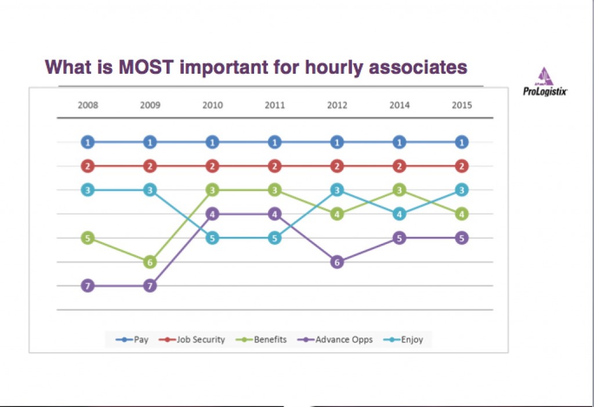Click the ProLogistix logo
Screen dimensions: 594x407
click(x=545, y=81)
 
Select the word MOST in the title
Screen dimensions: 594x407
click(x=146, y=67)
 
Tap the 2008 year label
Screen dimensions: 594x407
click(x=88, y=105)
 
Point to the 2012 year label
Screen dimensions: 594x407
click(x=337, y=105)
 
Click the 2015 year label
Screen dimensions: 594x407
click(x=462, y=105)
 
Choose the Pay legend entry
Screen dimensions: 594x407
click(x=132, y=340)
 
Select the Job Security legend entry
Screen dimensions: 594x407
click(x=192, y=340)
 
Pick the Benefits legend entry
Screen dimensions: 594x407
click(x=262, y=340)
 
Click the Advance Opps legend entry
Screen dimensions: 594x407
click(x=335, y=340)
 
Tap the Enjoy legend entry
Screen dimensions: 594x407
click(x=404, y=340)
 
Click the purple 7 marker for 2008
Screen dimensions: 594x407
click(x=88, y=286)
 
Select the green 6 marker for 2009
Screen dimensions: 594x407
click(x=150, y=262)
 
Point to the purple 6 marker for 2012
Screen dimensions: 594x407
click(x=337, y=262)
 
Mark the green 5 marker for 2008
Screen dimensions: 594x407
click(x=88, y=238)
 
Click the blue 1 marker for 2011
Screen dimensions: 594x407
click(x=274, y=142)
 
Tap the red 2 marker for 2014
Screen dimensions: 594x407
click(x=399, y=166)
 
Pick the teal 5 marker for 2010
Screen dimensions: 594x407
click(x=212, y=238)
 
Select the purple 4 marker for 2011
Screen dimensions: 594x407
click(x=274, y=214)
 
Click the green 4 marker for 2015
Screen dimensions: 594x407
click(x=462, y=214)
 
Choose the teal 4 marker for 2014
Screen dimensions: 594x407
click(x=399, y=214)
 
